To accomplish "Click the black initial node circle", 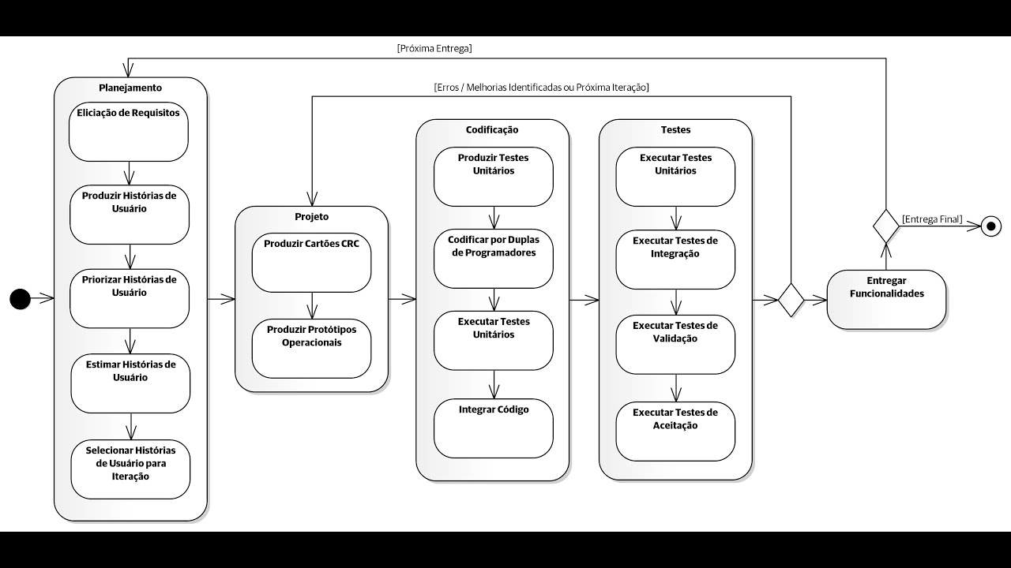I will [x=20, y=299].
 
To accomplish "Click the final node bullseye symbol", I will [x=990, y=227].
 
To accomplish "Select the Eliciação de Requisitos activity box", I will [x=129, y=131].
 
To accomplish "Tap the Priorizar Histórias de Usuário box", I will [x=130, y=299].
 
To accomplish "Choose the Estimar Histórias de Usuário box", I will [x=130, y=383].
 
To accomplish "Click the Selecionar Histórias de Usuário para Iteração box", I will [x=130, y=469].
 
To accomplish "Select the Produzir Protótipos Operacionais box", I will [x=311, y=348].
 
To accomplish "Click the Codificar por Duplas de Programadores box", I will [x=493, y=259].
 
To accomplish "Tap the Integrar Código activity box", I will [x=493, y=428].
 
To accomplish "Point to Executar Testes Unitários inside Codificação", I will [x=493, y=340].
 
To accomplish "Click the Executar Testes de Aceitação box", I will [x=675, y=431].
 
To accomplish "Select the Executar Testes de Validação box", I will [x=675, y=344].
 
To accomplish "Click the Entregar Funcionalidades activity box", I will [x=886, y=299].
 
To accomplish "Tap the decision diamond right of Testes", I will [x=791, y=300].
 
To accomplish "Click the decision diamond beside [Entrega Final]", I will [x=885, y=226].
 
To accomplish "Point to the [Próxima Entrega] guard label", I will [x=434, y=48].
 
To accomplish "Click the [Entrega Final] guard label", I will [x=932, y=219].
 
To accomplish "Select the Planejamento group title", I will [x=130, y=88].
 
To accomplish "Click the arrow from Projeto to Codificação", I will [x=402, y=299].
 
